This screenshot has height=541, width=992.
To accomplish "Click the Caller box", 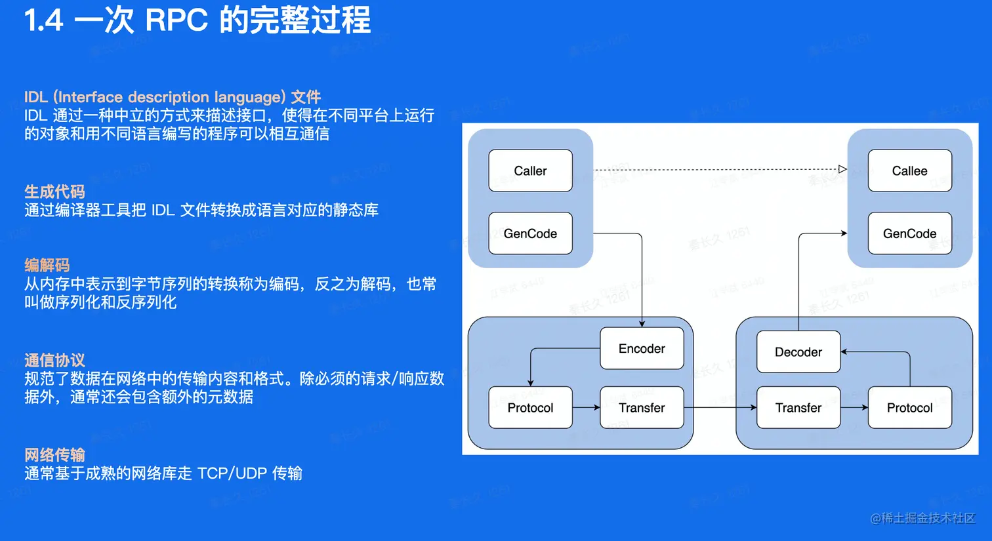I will pos(530,170).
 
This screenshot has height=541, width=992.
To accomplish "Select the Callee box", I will pos(909,170).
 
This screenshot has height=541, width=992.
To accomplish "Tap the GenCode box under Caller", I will pos(530,233).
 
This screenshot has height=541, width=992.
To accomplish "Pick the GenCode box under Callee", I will pos(909,233).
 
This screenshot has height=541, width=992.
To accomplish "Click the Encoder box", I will pos(642,348).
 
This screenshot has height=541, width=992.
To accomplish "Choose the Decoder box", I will pos(798,352).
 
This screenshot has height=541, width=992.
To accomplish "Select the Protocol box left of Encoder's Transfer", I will pos(530,408).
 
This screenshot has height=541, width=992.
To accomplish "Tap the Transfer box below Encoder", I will pos(642,408).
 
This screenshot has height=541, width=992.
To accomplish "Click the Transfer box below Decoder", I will pos(798,408).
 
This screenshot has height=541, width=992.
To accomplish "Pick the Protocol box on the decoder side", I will pos(909,408).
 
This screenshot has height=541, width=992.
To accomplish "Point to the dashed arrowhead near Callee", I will pos(842,169).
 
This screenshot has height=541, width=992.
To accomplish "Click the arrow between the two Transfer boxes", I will pos(720,408).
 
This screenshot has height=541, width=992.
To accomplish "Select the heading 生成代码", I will pos(54,191).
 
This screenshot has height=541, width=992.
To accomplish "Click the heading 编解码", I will pos(47,265).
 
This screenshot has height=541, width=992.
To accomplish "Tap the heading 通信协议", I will pos(54,360).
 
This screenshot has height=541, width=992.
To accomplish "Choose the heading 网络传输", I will pos(54,454).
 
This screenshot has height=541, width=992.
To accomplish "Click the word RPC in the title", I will pos(176,20).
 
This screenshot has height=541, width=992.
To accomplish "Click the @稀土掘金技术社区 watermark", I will pos(922,518).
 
